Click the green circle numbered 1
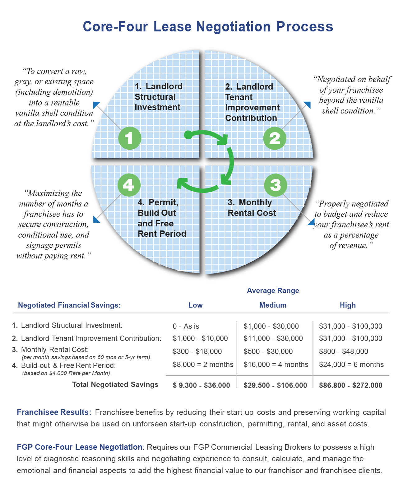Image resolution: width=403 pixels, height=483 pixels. pos(130,138)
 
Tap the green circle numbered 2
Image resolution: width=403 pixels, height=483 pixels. pos(275,138)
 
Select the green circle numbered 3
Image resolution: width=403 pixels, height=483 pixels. pos(276,185)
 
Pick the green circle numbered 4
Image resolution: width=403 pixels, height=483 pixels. pos(129,185)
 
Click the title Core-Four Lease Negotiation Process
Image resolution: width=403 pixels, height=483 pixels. pos(208,27)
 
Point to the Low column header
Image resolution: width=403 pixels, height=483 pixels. pos(195,305)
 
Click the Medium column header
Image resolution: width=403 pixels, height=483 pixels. pos(273,305)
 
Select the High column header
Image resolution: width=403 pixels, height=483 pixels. pos(348,305)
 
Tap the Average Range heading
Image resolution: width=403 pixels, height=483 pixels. pos(273,290)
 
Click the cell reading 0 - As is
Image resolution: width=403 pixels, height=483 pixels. pos(186,326)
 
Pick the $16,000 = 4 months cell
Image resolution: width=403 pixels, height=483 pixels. pos(276,365)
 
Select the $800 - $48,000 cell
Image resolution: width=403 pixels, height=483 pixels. pos(343,351)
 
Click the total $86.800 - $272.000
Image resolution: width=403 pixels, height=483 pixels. pos(350,385)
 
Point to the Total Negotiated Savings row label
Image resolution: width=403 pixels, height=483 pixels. pos(115,385)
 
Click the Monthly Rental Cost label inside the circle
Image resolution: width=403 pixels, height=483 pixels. pos(252,208)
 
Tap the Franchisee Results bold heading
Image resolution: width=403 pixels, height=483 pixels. pos(54,412)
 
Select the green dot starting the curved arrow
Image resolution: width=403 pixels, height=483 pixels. pos(188,135)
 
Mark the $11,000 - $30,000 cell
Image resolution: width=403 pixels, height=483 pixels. pos(273,338)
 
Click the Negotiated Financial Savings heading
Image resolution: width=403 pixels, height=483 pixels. pos(69,305)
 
